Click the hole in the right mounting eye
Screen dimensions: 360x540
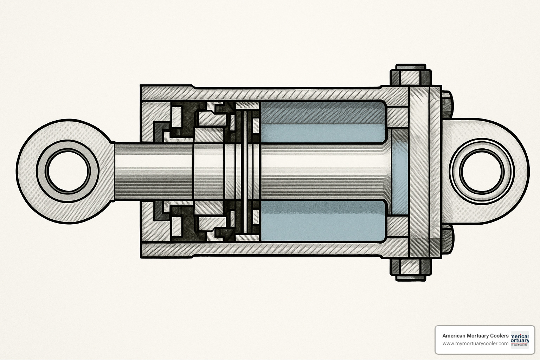click(x=481, y=172)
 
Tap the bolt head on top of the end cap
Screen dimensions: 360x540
click(x=411, y=75)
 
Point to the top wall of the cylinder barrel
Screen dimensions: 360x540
click(x=281, y=94)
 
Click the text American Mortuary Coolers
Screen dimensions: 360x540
click(x=475, y=336)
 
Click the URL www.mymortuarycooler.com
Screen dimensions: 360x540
click(x=475, y=344)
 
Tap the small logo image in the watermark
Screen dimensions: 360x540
click(x=520, y=339)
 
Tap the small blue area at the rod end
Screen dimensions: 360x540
click(x=400, y=172)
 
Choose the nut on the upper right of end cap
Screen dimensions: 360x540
click(x=446, y=105)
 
